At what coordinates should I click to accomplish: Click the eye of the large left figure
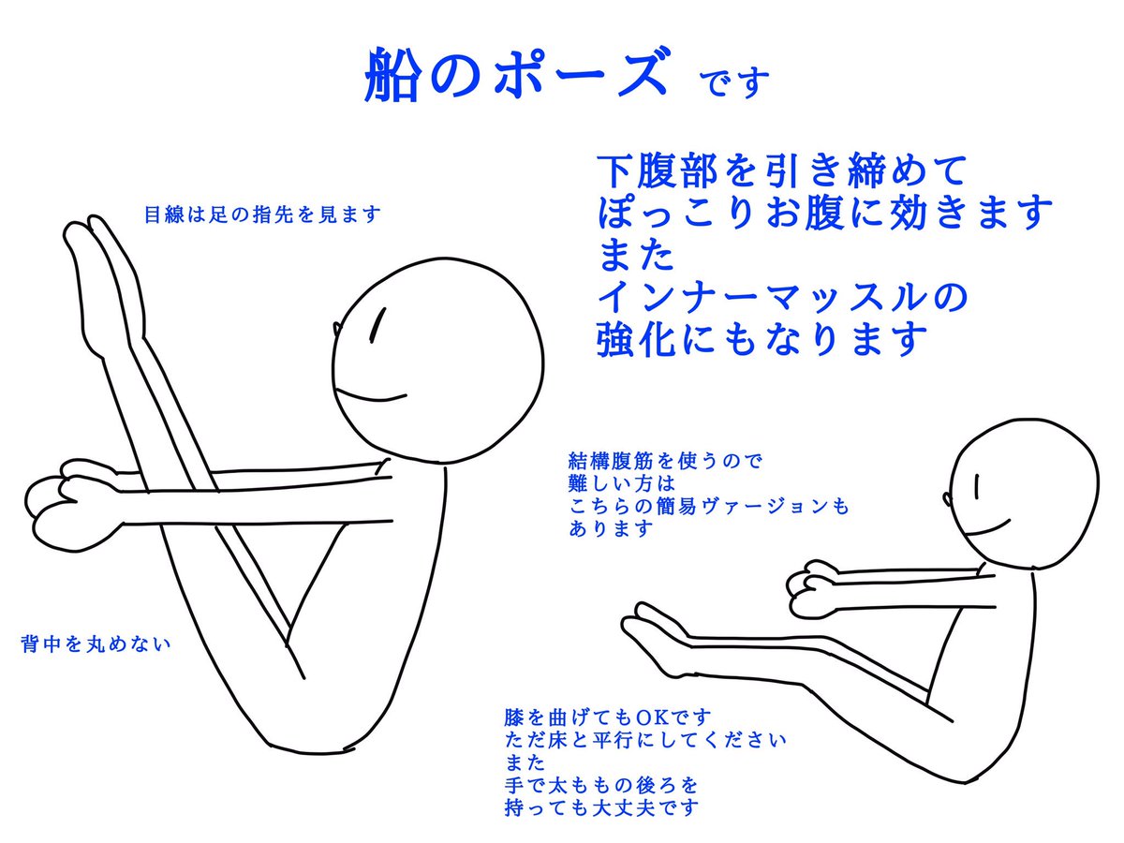click(377, 324)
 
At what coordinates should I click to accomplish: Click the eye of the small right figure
click(977, 486)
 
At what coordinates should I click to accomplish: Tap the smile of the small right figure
click(988, 527)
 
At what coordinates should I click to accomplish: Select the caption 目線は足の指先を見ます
click(262, 214)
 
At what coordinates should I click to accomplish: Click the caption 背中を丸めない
click(96, 643)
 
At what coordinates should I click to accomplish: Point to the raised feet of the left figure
click(100, 276)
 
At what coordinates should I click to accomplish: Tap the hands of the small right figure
click(814, 586)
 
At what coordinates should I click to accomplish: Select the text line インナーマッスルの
click(782, 297)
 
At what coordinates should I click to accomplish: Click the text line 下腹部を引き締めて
click(781, 170)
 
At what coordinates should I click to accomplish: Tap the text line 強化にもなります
click(762, 339)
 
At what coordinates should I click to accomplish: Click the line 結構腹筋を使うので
click(665, 461)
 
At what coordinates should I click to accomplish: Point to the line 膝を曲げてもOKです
click(608, 717)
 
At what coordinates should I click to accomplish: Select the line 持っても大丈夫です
click(601, 807)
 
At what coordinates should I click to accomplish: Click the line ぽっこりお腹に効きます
click(824, 213)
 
